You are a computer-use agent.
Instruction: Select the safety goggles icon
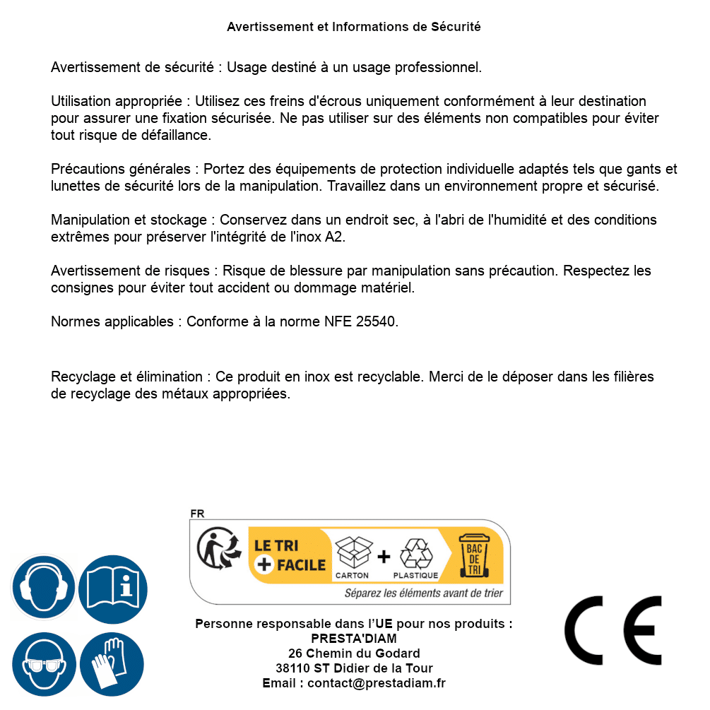click(44, 664)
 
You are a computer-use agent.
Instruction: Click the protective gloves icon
click(112, 664)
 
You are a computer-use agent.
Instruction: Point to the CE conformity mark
click(613, 631)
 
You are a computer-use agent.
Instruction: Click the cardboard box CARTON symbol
click(353, 554)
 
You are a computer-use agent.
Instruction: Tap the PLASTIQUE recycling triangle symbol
click(415, 554)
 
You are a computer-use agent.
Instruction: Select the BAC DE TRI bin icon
click(472, 557)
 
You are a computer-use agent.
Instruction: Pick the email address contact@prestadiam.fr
click(377, 683)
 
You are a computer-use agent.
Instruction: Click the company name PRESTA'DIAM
click(354, 639)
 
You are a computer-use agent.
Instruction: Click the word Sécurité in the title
click(455, 27)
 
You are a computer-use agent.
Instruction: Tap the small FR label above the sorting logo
click(196, 514)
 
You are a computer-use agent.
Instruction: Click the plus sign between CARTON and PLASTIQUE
click(384, 557)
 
